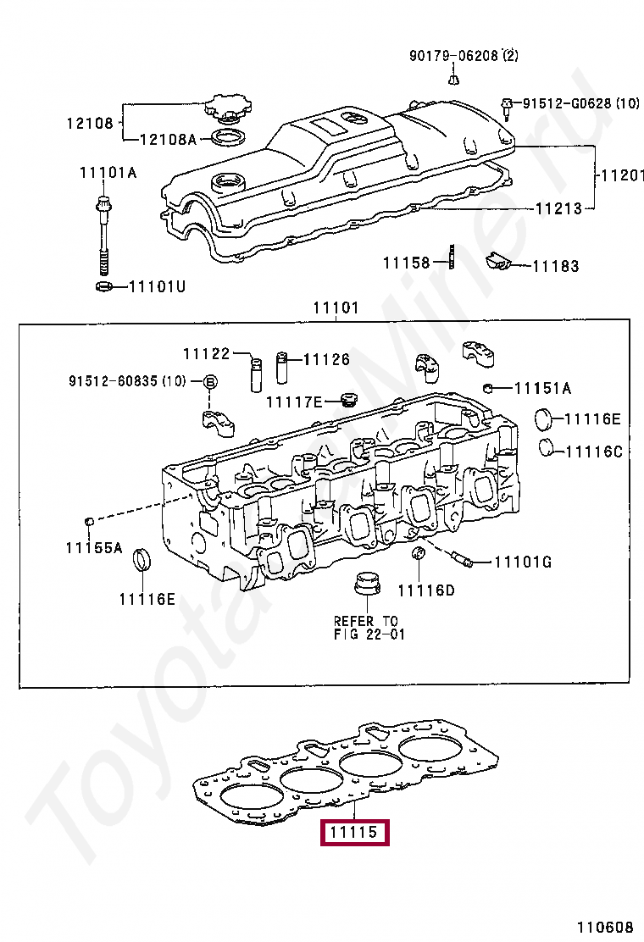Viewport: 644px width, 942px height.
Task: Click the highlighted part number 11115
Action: click(353, 833)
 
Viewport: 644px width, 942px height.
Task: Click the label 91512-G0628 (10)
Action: click(580, 103)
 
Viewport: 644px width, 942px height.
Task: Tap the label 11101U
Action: click(156, 286)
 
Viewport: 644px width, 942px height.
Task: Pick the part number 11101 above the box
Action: click(336, 308)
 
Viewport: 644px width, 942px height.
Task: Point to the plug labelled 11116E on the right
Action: click(546, 418)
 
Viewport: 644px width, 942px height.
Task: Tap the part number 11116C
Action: click(593, 452)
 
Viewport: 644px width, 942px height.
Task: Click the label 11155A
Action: click(93, 548)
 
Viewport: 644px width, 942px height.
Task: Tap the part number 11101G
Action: click(523, 561)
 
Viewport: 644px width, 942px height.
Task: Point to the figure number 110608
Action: click(607, 927)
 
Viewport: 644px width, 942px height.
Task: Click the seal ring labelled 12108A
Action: click(227, 136)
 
